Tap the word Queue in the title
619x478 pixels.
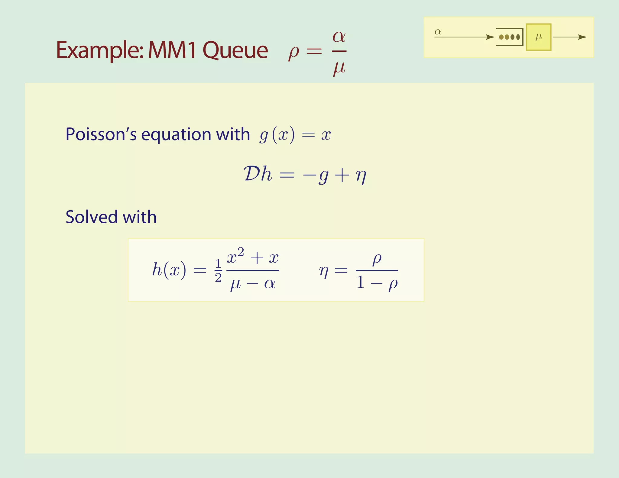point(235,50)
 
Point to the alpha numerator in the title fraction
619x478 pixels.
point(339,37)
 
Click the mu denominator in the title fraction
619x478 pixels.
point(339,68)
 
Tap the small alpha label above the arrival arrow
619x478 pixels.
point(438,31)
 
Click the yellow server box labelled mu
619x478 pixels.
point(538,37)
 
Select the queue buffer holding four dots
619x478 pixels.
point(510,37)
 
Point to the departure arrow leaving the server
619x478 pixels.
point(569,37)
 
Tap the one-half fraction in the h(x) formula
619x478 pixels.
point(218,270)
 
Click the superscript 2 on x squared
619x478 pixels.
point(241,252)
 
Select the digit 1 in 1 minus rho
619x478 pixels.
point(360,283)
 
